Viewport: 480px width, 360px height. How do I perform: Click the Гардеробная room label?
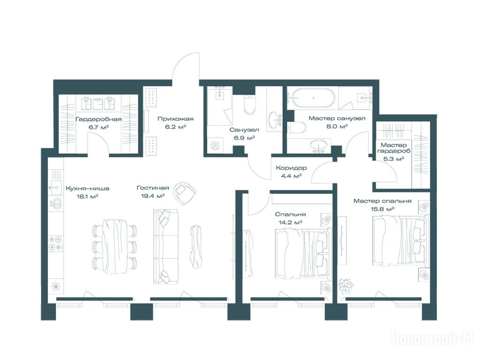pos(98,119)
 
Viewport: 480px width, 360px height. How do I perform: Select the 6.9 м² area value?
pos(245,138)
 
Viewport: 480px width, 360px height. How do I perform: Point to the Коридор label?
pos(291,168)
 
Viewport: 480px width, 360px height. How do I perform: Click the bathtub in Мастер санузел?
pos(313,97)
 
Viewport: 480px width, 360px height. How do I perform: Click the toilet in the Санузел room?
pos(249,105)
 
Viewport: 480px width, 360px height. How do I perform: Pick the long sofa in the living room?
pos(165,247)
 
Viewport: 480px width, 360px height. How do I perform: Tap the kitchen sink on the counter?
pos(55,187)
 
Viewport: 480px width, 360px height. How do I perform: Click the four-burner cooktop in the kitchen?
pos(56,243)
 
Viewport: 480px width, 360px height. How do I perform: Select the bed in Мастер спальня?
pos(400,240)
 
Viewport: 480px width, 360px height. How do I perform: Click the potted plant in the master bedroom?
pos(346,286)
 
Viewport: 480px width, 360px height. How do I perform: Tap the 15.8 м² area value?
pos(382,209)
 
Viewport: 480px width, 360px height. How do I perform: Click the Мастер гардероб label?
pos(394,148)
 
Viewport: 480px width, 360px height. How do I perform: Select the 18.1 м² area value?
pos(87,196)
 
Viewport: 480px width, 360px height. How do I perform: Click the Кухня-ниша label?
pos(88,188)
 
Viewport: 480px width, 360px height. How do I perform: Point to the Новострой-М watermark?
pos(433,339)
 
